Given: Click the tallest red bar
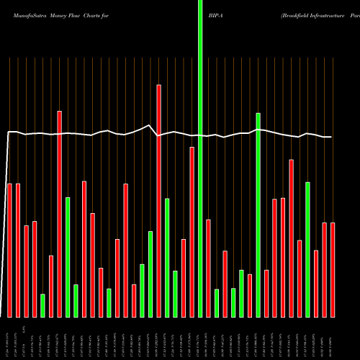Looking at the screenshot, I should (x=159, y=201).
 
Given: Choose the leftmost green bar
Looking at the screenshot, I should (x=42, y=305).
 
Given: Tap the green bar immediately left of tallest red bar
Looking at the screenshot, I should (x=150, y=274).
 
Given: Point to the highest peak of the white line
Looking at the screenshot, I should (x=149, y=126).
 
